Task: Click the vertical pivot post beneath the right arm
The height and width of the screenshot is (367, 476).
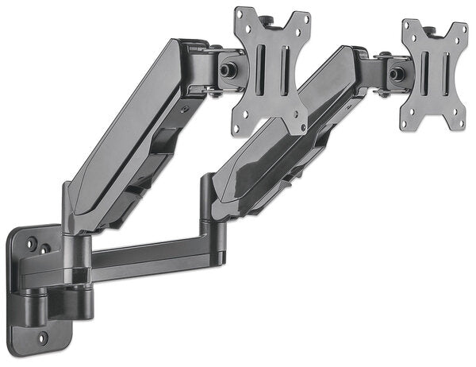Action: click(207, 214)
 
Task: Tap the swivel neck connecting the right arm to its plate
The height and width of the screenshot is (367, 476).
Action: click(373, 68)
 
